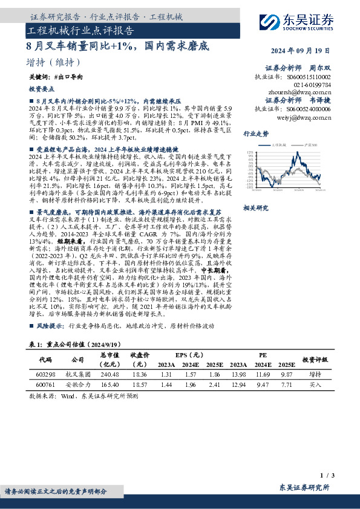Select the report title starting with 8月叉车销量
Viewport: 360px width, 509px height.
118,45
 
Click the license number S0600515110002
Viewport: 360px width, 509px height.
310,77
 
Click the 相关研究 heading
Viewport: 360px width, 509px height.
255,207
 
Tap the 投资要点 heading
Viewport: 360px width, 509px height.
41,88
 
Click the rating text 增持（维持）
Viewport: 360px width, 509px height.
54,62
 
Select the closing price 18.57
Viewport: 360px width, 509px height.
139,384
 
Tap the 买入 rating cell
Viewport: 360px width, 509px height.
315,384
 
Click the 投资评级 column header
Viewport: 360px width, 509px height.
315,360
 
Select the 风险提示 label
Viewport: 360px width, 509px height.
51,325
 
